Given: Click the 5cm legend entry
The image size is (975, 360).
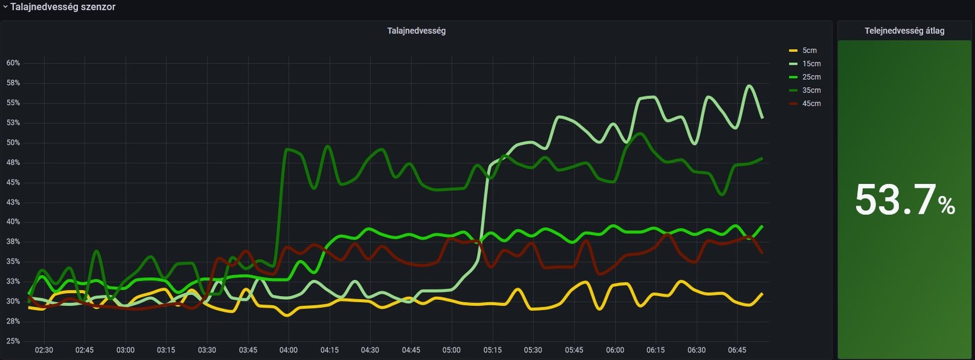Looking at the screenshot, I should (809, 51).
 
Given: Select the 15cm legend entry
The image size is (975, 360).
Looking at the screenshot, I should (810, 64).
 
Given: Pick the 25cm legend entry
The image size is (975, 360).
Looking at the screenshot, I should (810, 77).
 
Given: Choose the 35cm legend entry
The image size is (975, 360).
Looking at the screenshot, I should (810, 91).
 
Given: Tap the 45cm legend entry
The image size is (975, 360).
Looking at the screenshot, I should (810, 104).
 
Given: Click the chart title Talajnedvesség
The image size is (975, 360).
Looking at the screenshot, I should (416, 31).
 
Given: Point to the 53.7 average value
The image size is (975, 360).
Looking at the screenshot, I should (895, 200).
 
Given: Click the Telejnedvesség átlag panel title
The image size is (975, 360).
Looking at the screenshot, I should (904, 31).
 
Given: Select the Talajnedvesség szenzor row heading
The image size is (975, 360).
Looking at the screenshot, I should (63, 7).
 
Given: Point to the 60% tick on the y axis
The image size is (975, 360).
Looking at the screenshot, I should (13, 63).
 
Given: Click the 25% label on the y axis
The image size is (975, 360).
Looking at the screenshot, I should (13, 341).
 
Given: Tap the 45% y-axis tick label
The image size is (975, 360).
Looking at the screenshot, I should (13, 183).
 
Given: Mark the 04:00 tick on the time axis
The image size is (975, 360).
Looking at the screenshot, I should (288, 350).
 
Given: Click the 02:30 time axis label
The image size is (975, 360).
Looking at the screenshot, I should (44, 350).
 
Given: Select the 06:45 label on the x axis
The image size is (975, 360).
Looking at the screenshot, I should (737, 350).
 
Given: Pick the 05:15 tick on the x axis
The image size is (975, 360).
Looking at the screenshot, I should (492, 350).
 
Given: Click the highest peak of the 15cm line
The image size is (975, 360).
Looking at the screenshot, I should (750, 86).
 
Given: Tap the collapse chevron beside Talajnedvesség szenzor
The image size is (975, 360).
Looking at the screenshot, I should (5, 7).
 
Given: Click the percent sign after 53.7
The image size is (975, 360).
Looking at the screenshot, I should (946, 206).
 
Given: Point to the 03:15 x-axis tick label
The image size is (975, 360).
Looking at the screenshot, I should (166, 350).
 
